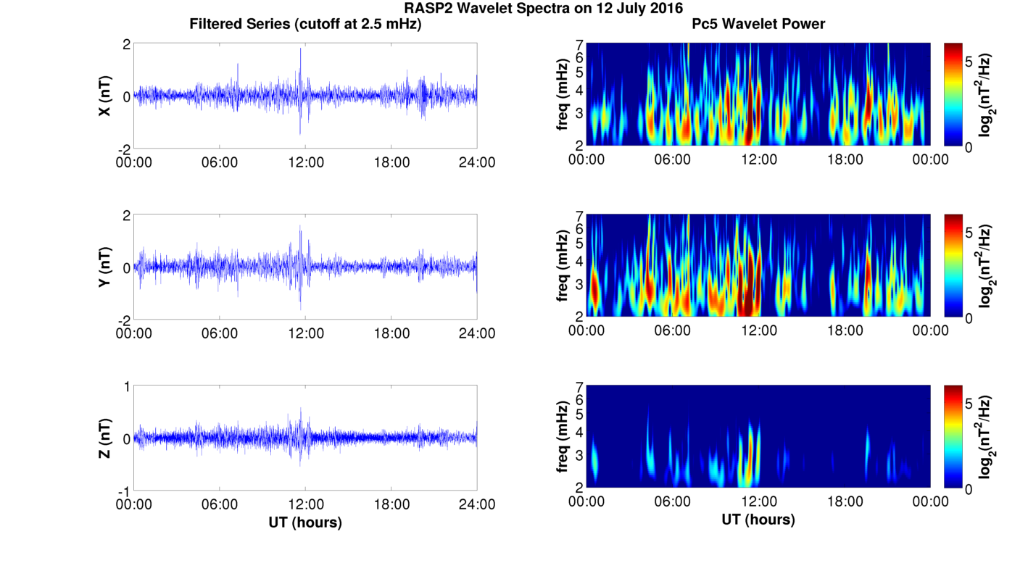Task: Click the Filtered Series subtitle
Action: pos(305,24)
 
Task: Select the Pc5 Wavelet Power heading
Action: pos(758,24)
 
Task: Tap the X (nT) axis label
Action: pos(106,96)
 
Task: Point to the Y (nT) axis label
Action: pos(106,267)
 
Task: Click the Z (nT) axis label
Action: pos(106,438)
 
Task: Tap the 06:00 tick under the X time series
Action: pos(220,162)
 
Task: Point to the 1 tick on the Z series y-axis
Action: pos(127,387)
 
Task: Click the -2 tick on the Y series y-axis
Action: pos(125,320)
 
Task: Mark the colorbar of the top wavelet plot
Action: pos(953,94)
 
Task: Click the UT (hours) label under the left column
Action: pos(305,522)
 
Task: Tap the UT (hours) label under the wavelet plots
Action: pos(758,519)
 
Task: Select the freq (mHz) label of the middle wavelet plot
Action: pos(562,266)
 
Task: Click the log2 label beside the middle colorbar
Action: pos(986,266)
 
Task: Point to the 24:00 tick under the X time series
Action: pos(477,162)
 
